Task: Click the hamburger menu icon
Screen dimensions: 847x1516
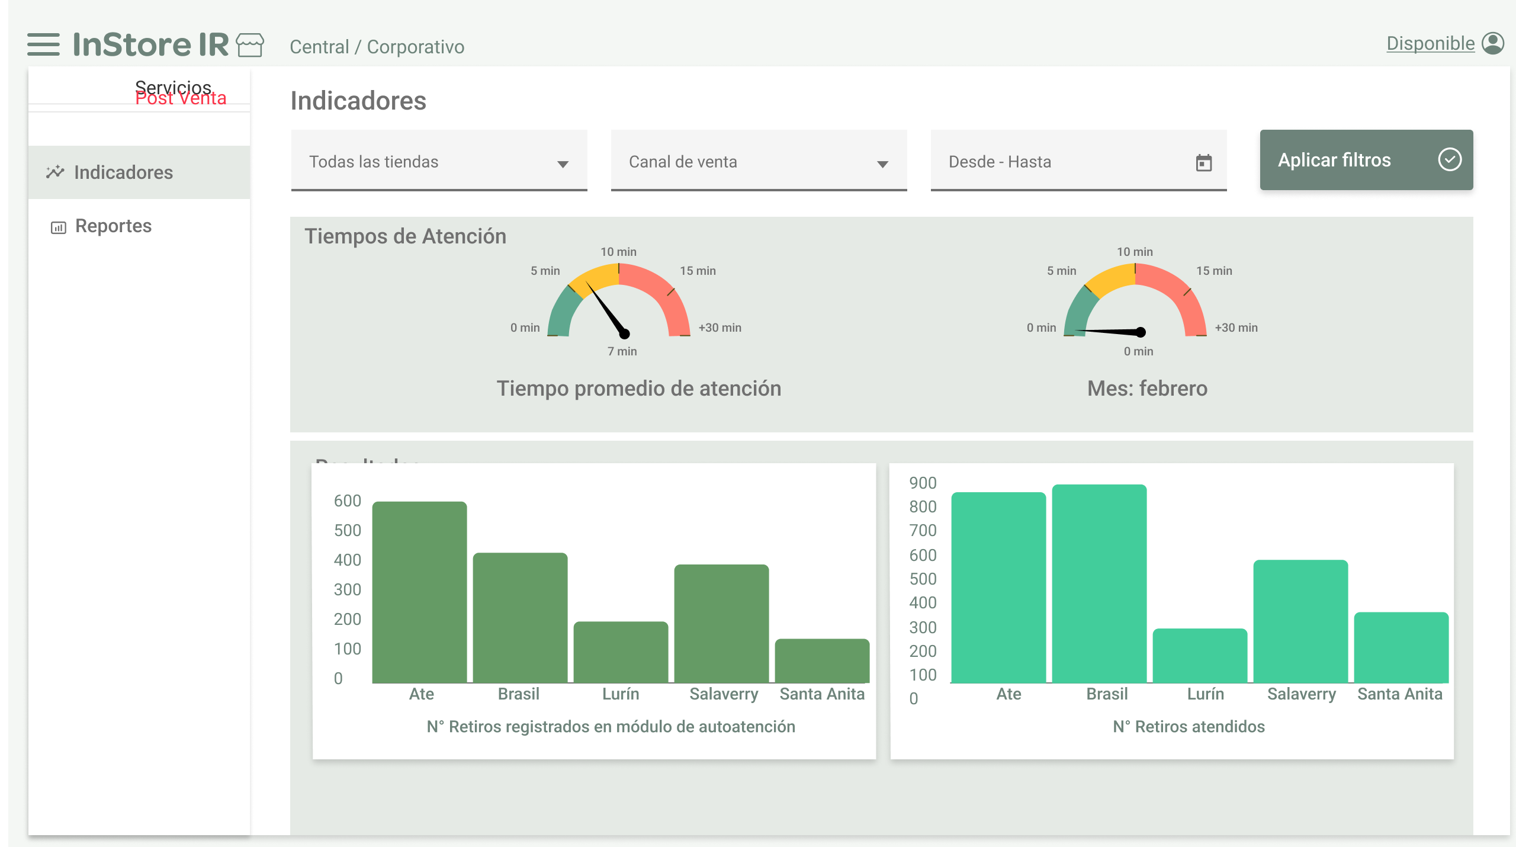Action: click(x=43, y=44)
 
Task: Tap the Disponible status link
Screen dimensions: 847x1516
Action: click(x=1430, y=44)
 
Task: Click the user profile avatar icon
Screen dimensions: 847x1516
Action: click(x=1493, y=44)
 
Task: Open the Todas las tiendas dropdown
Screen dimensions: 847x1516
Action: click(x=439, y=162)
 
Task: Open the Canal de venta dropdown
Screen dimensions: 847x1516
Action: click(x=759, y=162)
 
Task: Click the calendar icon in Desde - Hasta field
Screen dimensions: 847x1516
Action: click(x=1203, y=163)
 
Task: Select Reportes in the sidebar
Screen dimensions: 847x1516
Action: click(x=113, y=226)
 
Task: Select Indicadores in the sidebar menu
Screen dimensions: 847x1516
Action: click(x=123, y=172)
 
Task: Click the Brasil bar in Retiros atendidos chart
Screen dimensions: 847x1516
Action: click(x=1099, y=583)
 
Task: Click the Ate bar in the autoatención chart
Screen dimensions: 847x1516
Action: click(x=419, y=592)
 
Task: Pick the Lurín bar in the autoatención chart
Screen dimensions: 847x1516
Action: click(x=621, y=652)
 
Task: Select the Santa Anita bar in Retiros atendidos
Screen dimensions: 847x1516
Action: click(x=1401, y=647)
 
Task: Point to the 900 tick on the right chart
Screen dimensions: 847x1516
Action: click(x=923, y=483)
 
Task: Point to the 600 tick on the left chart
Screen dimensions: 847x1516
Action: click(x=347, y=501)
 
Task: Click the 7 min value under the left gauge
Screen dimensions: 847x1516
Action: click(x=622, y=351)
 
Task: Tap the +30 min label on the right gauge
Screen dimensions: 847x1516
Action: click(x=1236, y=328)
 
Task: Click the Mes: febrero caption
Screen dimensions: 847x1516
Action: click(x=1147, y=389)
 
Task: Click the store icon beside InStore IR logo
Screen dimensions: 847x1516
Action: click(x=250, y=45)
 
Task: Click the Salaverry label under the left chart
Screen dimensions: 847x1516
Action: click(x=723, y=694)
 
